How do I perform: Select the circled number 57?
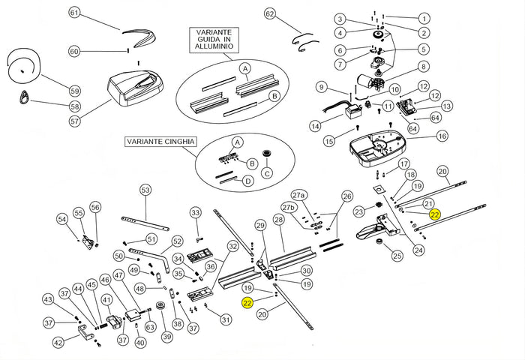pyautogui.click(x=74, y=121)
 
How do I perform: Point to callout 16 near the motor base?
pyautogui.click(x=442, y=136)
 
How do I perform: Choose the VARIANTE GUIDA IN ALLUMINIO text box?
pyautogui.click(x=214, y=40)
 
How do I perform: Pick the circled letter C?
pyautogui.click(x=265, y=175)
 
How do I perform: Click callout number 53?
pyautogui.click(x=145, y=190)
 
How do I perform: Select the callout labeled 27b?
pyautogui.click(x=289, y=208)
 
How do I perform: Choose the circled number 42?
pyautogui.click(x=58, y=343)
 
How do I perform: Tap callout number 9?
pyautogui.click(x=320, y=86)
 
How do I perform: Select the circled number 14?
pyautogui.click(x=314, y=125)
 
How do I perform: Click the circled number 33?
pyautogui.click(x=196, y=213)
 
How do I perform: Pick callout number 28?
pyautogui.click(x=278, y=220)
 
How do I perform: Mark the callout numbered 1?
pyautogui.click(x=424, y=18)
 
